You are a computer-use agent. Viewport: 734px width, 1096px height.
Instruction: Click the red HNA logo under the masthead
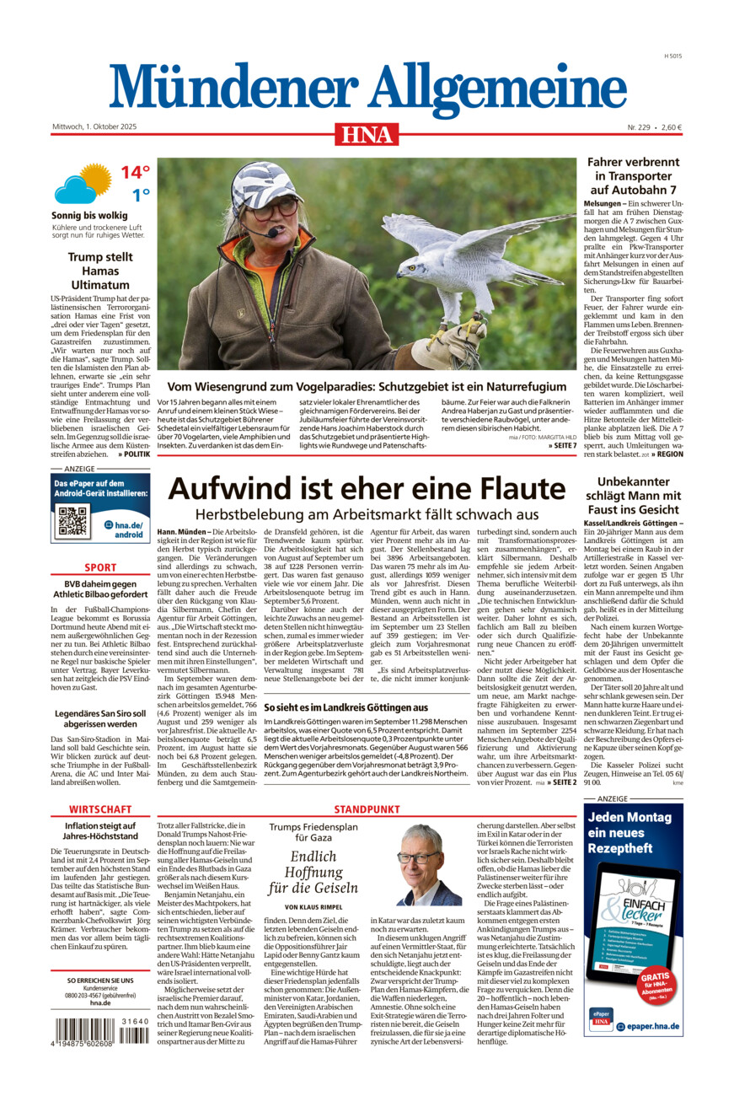367,133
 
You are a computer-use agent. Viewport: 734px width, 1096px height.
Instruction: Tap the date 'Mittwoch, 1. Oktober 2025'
94,127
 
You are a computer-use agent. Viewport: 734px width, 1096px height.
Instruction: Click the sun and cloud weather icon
83,184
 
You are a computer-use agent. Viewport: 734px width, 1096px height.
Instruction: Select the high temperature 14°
134,173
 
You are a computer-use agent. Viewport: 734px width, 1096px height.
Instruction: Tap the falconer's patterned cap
266,183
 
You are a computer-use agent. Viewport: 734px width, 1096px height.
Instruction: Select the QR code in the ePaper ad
72,522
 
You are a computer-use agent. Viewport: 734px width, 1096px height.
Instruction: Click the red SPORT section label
100,567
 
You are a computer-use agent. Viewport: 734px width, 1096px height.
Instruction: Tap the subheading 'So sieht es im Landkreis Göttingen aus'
346,706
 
